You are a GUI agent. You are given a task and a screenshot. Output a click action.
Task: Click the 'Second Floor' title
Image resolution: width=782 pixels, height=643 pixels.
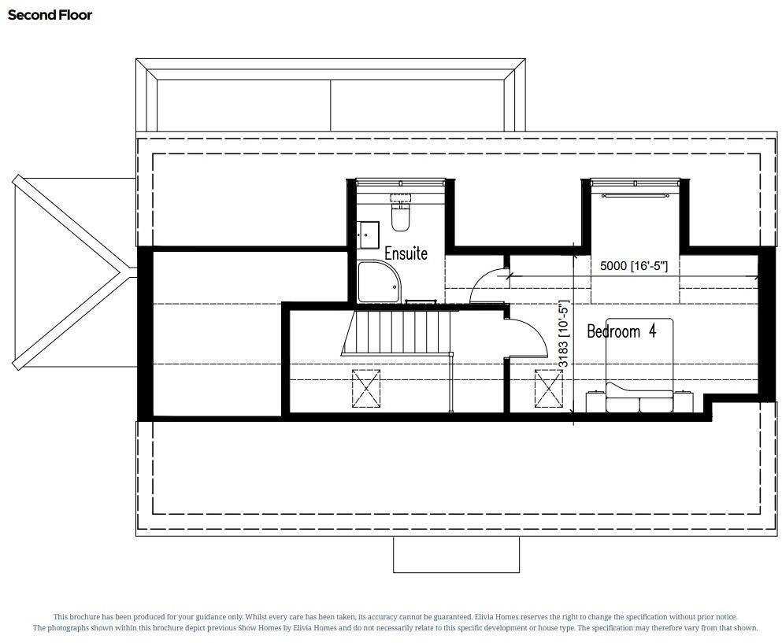50,15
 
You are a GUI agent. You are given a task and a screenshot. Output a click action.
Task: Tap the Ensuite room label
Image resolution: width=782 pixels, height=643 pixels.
406,253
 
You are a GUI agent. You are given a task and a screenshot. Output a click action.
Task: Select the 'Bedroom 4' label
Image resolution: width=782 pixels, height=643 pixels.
621,331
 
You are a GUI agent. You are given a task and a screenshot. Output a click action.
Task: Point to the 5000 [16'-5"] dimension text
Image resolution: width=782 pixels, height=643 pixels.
633,266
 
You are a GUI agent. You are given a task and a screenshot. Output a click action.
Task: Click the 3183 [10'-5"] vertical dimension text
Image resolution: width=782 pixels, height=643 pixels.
563,334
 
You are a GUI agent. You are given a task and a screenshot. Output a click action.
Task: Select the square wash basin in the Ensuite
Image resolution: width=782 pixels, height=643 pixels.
369,233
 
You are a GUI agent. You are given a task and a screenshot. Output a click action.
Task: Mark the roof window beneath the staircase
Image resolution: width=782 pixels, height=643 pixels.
366,387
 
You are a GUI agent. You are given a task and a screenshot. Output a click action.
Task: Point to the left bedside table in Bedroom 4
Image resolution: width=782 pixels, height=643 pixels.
595,401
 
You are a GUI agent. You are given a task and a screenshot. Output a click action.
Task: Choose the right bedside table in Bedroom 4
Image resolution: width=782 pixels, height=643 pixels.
683,401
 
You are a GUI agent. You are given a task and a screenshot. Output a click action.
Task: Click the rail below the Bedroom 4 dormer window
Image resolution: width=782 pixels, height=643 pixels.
635,193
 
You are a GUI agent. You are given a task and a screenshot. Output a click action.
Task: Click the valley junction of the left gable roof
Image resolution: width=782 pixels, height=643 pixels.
122,272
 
